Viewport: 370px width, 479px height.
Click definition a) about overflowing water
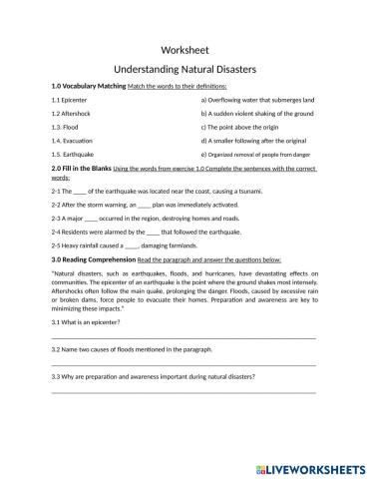(257, 101)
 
